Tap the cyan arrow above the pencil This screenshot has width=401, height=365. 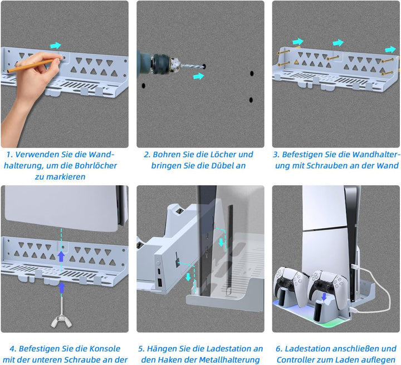click(x=56, y=46)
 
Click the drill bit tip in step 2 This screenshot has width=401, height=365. click(x=204, y=67)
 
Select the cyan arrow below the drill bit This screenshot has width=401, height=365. click(x=199, y=76)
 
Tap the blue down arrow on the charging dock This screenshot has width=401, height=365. click(x=324, y=297)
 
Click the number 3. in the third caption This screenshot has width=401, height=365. click(x=276, y=155)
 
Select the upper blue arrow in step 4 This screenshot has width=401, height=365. click(x=61, y=256)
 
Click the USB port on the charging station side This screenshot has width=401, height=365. click(x=159, y=282)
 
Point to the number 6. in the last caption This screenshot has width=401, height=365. click(x=279, y=349)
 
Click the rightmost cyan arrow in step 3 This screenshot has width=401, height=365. click(x=390, y=50)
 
